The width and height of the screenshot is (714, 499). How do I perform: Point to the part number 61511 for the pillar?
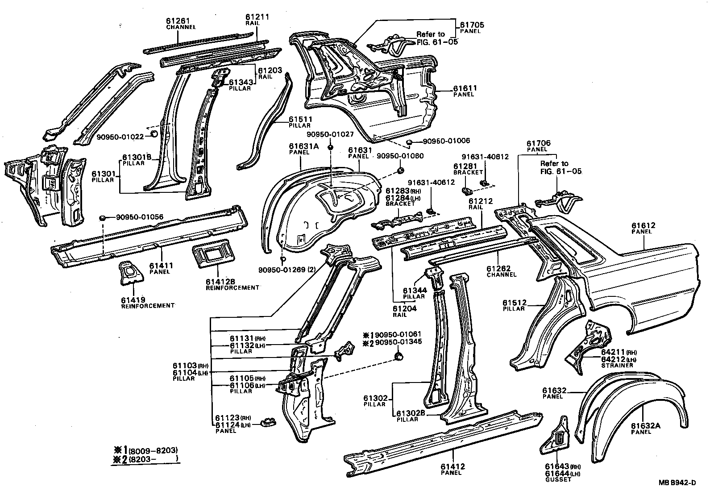(x=300, y=120)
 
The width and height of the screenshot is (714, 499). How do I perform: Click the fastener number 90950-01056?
(x=140, y=217)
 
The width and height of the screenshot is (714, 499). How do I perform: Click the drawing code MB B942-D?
(x=677, y=482)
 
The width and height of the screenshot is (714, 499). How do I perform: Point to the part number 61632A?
(x=645, y=426)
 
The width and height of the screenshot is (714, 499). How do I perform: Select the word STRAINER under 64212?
(x=617, y=366)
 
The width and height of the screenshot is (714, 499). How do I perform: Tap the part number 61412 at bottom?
(x=453, y=467)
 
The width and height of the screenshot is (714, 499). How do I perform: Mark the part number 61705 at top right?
(x=472, y=25)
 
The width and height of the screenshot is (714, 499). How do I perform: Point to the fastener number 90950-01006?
(x=446, y=141)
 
